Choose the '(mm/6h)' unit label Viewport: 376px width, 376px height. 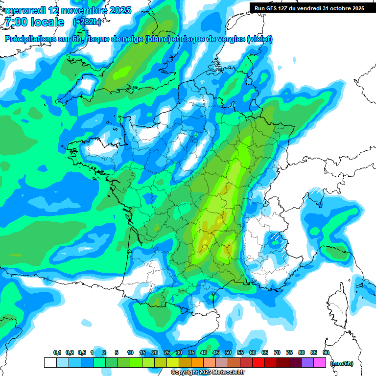[342, 363]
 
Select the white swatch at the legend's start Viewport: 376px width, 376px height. [50, 363]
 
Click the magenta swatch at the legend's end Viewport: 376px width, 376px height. [320, 363]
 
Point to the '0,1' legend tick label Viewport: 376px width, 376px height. [57, 353]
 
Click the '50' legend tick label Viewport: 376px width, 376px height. [228, 353]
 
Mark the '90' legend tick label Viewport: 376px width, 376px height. [326, 353]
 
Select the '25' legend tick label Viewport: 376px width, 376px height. [167, 353]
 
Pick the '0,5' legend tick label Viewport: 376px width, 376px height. [81, 353]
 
